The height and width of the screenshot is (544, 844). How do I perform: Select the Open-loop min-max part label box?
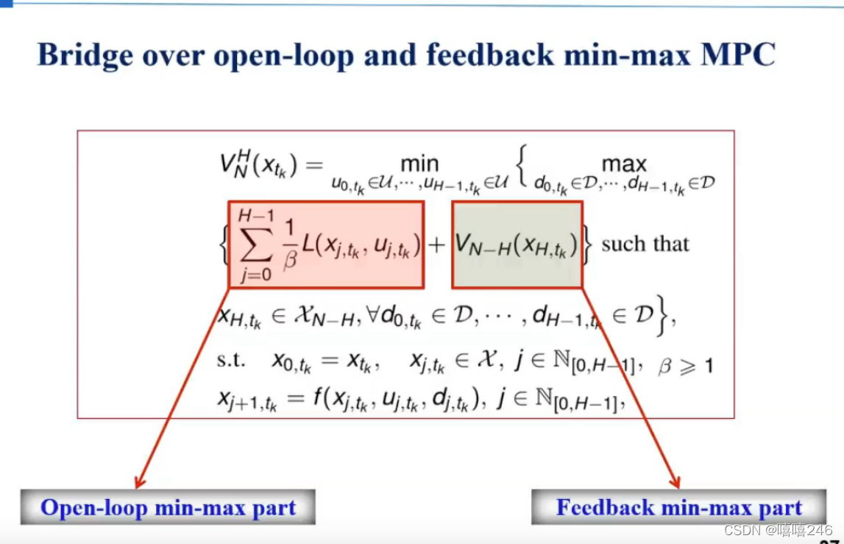click(168, 507)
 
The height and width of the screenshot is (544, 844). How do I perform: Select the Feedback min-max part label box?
click(678, 507)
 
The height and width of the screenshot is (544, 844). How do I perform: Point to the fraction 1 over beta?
click(288, 244)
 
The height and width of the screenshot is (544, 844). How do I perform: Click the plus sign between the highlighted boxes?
click(437, 244)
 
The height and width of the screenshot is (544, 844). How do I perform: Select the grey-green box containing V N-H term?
click(517, 244)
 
